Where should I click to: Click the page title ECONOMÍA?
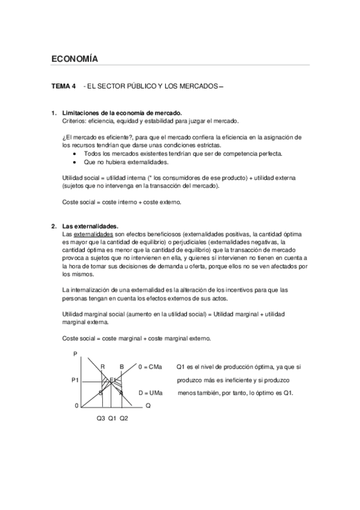coord(75,59)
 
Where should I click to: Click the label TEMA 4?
coord(64,87)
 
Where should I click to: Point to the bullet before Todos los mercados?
coord(74,154)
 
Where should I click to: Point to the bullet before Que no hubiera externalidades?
coord(74,162)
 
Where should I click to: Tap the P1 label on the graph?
coord(75,379)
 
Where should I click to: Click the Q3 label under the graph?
coord(100,418)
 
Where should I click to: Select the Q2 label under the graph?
coord(124,418)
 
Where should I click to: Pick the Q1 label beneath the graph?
coord(112,418)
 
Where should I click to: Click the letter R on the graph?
coord(102,366)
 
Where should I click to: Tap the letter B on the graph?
coord(122,366)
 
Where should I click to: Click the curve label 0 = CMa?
coord(150,366)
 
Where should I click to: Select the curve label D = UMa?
coord(150,393)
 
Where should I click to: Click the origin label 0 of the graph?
coord(77,406)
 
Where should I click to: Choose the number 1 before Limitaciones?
coord(53,113)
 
